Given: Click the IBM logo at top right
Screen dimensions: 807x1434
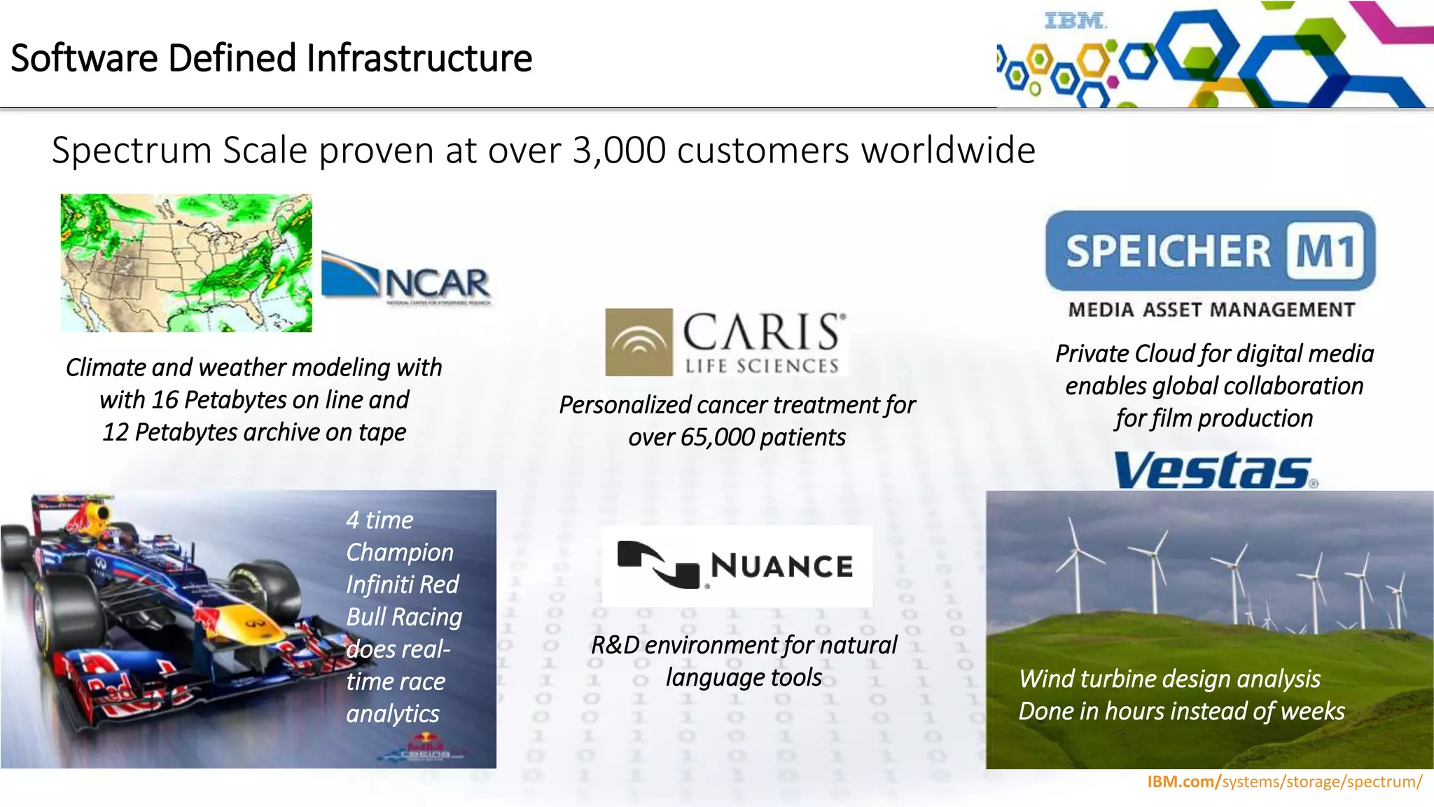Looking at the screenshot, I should click(1075, 21).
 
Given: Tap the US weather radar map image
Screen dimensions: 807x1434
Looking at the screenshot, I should click(186, 263).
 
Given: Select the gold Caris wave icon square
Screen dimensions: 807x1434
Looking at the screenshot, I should click(639, 342).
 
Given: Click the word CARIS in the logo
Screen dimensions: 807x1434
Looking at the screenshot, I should click(762, 332).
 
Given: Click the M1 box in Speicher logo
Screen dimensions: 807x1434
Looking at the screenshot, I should click(1325, 251).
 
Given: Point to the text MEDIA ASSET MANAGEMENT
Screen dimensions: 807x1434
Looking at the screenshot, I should click(1211, 310).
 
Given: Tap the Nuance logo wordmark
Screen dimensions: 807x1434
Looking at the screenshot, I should click(781, 566).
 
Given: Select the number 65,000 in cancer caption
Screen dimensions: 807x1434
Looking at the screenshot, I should click(717, 437).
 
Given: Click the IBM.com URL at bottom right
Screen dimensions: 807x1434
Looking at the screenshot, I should click(1284, 782).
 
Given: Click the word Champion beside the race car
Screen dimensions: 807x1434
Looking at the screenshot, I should click(399, 552).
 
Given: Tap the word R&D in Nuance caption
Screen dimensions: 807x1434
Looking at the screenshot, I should click(615, 644).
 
